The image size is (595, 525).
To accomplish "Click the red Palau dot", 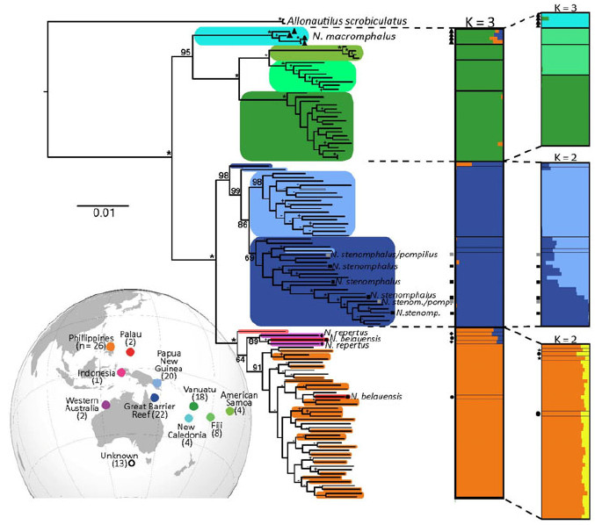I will tap(131, 353).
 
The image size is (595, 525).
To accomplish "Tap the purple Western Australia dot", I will tap(105, 405).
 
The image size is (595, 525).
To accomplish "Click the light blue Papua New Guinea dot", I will tap(157, 384).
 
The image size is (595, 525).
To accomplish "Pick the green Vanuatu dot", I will tap(193, 406).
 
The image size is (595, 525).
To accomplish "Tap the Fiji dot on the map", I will tap(209, 415).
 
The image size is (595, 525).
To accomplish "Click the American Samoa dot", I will tap(229, 411).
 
